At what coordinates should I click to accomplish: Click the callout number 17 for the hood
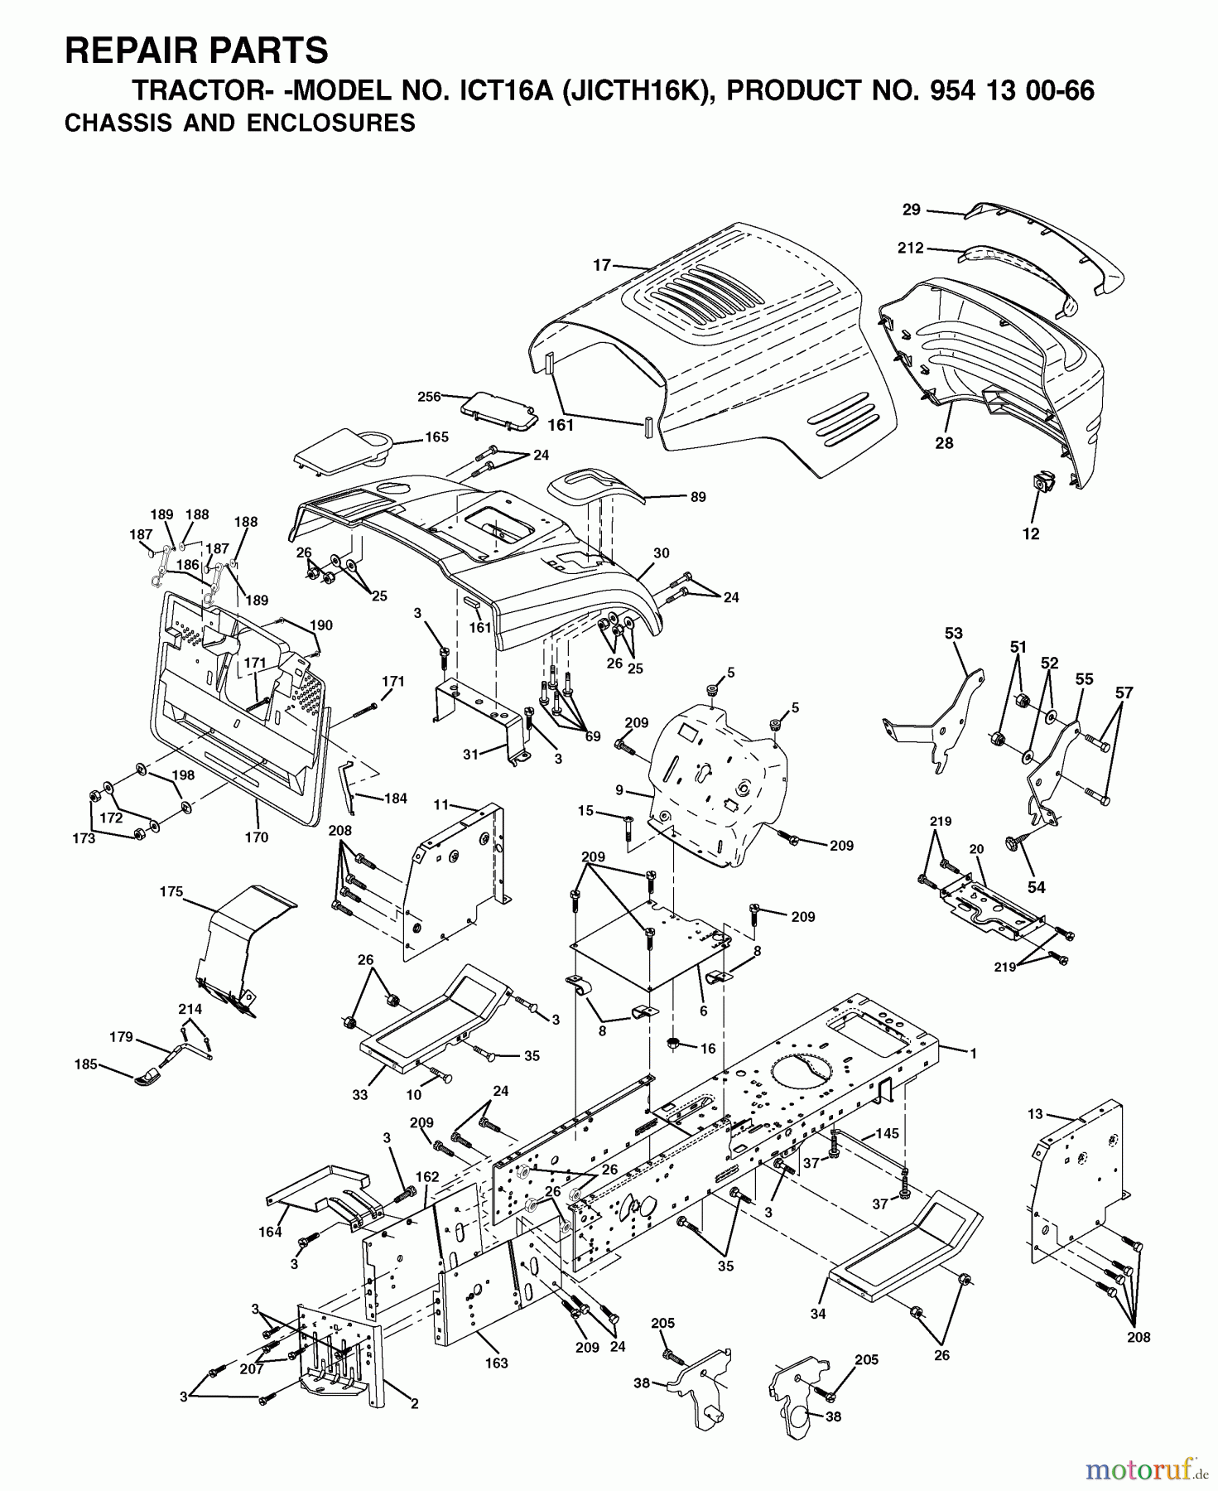pos(602,265)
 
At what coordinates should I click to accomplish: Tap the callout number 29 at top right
pos(911,210)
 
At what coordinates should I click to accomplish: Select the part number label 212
pos(911,248)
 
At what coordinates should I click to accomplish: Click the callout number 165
pos(436,437)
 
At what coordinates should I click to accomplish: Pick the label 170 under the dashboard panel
pos(257,837)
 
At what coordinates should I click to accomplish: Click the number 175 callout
pos(171,891)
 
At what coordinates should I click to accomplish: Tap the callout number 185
pos(86,1064)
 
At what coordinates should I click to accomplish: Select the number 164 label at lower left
pos(270,1232)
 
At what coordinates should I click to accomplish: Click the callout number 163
pos(497,1363)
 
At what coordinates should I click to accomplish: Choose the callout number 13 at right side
pos(1035,1114)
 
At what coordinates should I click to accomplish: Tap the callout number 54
pos(1036,887)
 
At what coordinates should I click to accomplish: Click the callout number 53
pos(954,634)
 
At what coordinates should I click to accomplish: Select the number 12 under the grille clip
pos(1031,534)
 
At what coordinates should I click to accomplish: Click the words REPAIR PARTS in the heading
pos(196,51)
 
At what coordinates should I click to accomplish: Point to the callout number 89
pos(698,497)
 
